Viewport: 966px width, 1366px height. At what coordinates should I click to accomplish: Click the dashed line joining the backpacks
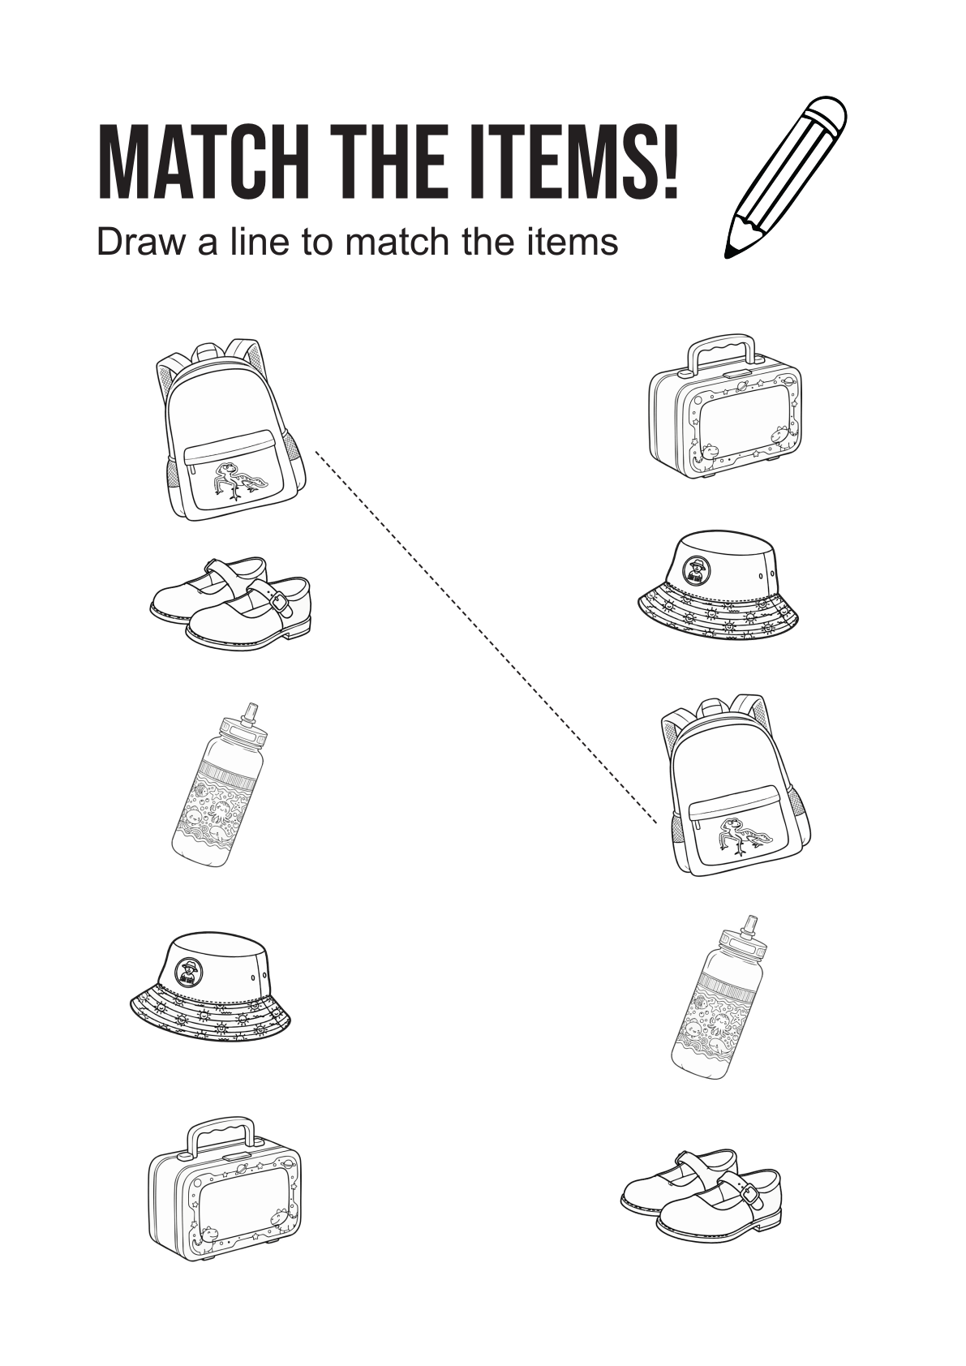click(486, 638)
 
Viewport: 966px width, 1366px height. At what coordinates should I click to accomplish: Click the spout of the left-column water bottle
click(250, 711)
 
